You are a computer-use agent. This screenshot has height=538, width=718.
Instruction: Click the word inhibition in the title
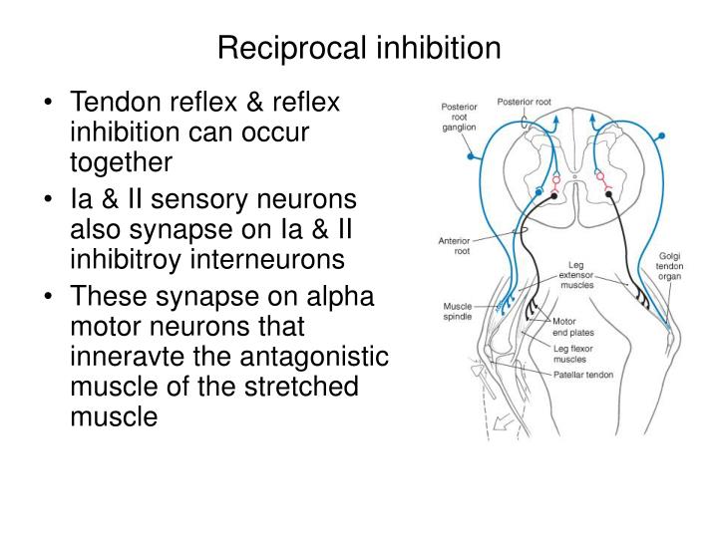pyautogui.click(x=439, y=47)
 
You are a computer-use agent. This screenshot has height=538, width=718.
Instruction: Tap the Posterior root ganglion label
pyautogui.click(x=459, y=118)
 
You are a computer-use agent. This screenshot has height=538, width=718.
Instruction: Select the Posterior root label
pyautogui.click(x=524, y=102)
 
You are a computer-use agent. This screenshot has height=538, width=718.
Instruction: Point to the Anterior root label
pyautogui.click(x=455, y=246)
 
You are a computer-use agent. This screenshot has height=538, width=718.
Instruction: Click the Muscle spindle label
pyautogui.click(x=457, y=311)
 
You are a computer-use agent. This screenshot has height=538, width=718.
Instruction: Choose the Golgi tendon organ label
pyautogui.click(x=669, y=266)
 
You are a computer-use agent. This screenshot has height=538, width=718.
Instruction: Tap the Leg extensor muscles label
pyautogui.click(x=576, y=275)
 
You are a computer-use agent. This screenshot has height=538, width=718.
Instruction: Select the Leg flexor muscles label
pyautogui.click(x=572, y=354)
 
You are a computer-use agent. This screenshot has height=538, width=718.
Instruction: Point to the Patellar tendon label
pyautogui.click(x=583, y=375)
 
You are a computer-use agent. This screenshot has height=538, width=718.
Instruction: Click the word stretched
pyautogui.click(x=301, y=387)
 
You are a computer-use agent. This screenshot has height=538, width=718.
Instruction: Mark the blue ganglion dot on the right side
pyautogui.click(x=661, y=135)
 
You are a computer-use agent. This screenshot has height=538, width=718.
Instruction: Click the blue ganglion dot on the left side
pyautogui.click(x=471, y=156)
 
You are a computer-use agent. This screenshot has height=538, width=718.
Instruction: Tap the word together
pyautogui.click(x=121, y=163)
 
